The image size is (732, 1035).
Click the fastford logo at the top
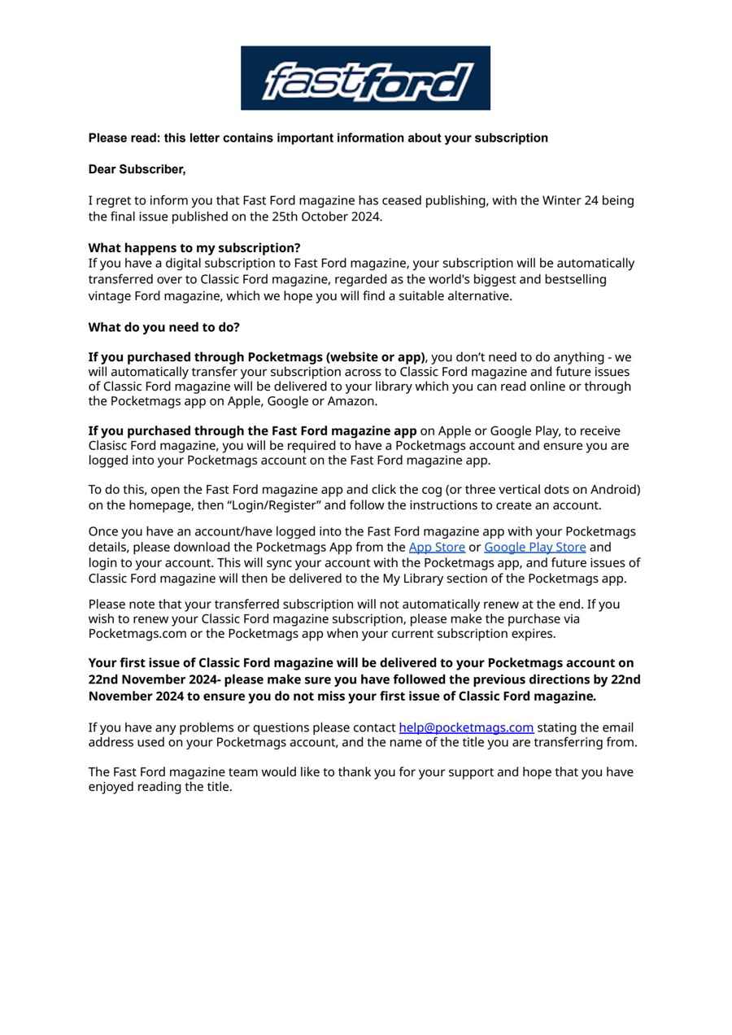(x=365, y=78)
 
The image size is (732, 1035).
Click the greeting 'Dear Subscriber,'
(x=137, y=169)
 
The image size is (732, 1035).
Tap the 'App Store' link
(x=437, y=547)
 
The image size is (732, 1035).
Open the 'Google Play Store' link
(x=534, y=547)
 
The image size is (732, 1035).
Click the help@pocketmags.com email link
(x=466, y=727)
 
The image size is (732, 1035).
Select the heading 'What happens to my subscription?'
(x=194, y=247)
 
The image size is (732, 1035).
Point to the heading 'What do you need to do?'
(x=163, y=327)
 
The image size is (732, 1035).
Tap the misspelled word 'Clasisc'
(x=109, y=446)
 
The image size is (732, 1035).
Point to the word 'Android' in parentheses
(x=613, y=490)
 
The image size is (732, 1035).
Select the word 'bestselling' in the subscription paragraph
(x=573, y=279)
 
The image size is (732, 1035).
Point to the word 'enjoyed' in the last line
(x=111, y=787)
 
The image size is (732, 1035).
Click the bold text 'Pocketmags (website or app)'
(x=336, y=357)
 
